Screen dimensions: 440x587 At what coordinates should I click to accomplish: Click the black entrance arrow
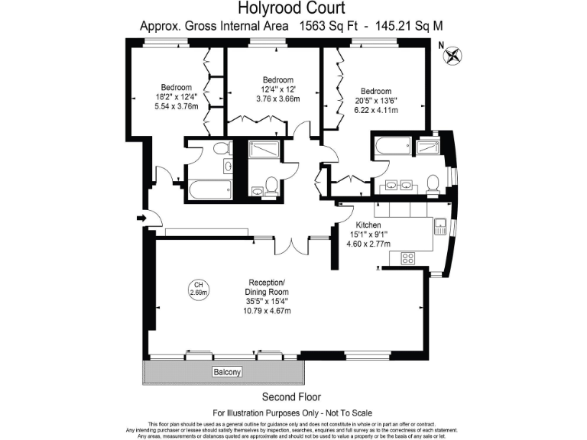pos(141,219)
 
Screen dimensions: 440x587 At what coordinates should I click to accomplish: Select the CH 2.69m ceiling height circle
pos(199,288)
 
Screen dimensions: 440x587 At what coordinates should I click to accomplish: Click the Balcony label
pos(226,372)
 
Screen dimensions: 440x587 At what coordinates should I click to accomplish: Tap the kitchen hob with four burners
pos(407,257)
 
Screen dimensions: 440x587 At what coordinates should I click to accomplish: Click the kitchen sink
pos(439,226)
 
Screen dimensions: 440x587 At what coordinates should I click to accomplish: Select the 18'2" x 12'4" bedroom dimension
pos(176,97)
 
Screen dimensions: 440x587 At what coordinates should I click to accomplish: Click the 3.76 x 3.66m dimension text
pos(277,99)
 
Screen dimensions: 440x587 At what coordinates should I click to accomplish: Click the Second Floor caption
pos(291,396)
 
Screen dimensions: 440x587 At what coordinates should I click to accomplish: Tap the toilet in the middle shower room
pos(271,183)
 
